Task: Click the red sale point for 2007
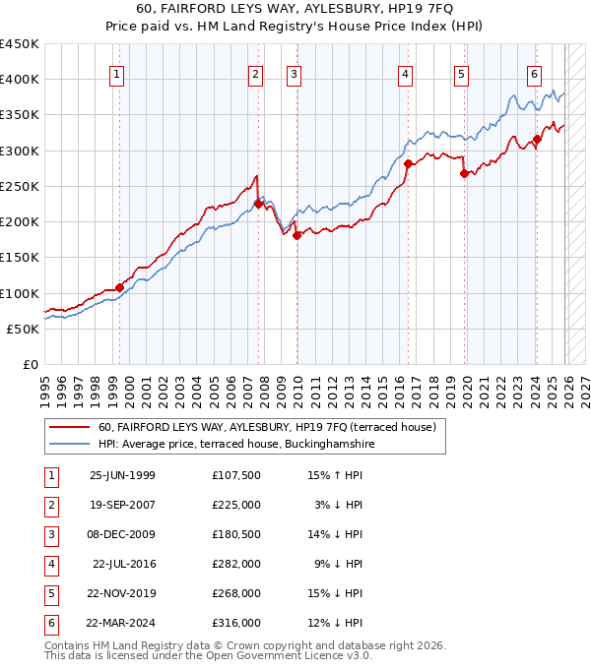tap(258, 204)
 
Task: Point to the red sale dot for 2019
tap(464, 173)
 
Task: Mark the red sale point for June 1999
tap(119, 287)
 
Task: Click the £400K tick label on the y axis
tap(20, 80)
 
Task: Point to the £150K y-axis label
tap(20, 258)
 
